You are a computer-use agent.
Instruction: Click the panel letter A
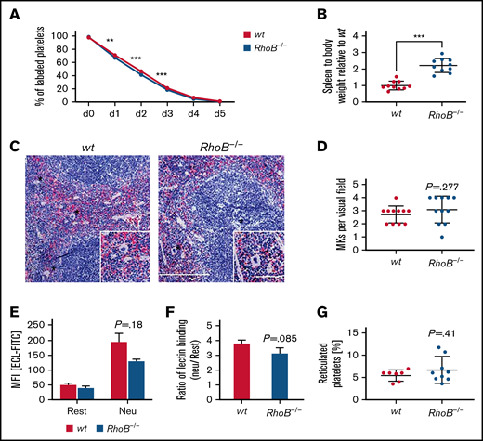(14, 10)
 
